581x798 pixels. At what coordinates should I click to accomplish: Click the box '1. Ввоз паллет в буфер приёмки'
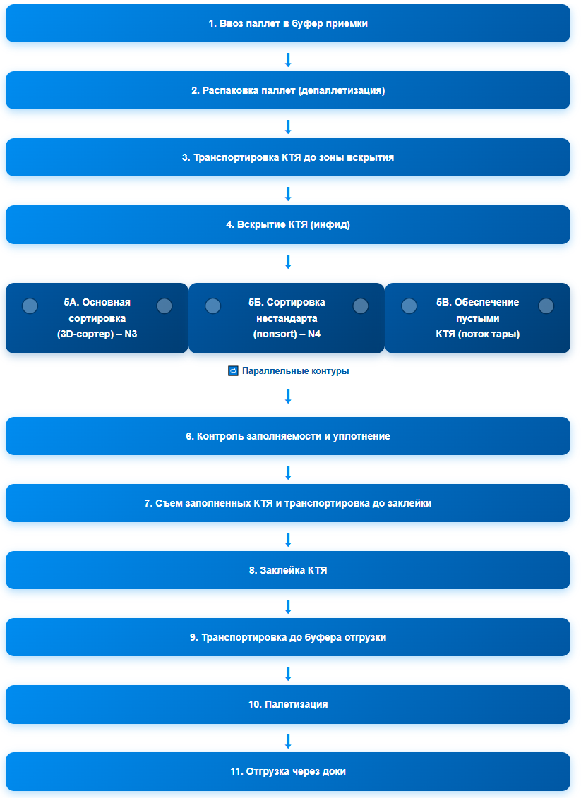pos(288,23)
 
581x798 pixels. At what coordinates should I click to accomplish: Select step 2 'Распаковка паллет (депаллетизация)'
pos(288,90)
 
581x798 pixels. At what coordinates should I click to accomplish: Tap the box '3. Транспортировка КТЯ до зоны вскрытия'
pos(288,158)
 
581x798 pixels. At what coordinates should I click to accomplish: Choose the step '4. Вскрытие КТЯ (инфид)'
pos(288,224)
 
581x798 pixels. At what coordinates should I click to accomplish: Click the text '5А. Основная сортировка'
pos(97,310)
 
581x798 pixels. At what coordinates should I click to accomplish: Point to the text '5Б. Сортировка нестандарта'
pos(287,310)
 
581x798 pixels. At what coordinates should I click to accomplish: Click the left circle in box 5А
pos(30,306)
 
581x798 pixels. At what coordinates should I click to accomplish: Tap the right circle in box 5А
pos(164,306)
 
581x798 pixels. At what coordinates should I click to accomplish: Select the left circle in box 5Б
pos(213,306)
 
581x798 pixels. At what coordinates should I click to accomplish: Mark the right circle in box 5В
pos(546,306)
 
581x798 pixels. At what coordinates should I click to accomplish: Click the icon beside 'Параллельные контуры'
pos(233,371)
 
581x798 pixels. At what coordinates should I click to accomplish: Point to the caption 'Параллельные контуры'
pos(295,371)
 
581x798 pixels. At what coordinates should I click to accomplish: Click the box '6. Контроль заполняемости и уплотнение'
pos(288,436)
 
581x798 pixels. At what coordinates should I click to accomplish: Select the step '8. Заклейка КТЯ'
pos(288,570)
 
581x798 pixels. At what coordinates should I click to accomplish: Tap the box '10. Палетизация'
pos(288,704)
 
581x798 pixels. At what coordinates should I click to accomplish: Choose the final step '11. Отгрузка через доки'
pos(288,771)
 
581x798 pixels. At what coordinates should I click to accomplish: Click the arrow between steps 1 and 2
pos(288,59)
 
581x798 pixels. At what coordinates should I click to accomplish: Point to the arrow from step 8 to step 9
pos(288,607)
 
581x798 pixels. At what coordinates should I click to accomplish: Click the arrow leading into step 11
pos(288,741)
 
